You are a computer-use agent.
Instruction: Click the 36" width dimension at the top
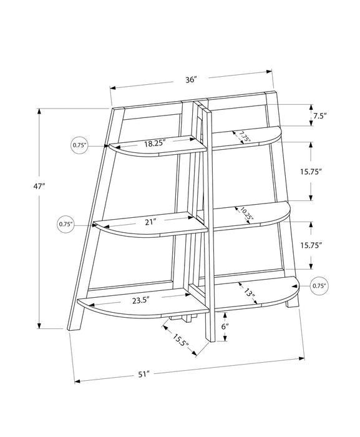(191, 79)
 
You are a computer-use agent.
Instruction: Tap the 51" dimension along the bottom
(144, 374)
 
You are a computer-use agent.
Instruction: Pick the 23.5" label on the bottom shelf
(142, 299)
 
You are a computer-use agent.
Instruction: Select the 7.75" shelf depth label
(242, 137)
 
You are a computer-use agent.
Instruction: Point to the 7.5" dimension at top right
(319, 116)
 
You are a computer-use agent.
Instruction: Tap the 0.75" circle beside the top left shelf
(79, 145)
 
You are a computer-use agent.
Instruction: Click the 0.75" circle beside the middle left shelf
(66, 223)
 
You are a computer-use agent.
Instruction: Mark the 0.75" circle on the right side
(319, 286)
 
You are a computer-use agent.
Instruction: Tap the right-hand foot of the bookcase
(291, 308)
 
